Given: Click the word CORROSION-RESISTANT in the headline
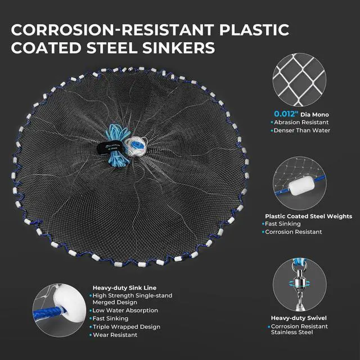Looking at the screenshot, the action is pos(112,30).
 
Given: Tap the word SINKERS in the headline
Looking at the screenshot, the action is pos(178,48).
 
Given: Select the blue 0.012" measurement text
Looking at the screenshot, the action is pos(286,114).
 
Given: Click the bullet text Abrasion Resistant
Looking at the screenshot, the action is pos(301,123).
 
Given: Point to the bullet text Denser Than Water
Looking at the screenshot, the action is pos(302,130).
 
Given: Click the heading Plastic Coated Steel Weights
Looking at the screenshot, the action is pos(309,216).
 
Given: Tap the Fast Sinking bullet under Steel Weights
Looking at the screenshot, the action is pos(282,224).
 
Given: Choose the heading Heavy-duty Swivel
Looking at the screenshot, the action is pos(299,318).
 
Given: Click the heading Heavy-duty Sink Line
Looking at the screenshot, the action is pos(124,288).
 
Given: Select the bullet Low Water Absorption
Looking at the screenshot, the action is pos(125,310).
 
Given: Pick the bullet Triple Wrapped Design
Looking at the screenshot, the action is pos(127,327).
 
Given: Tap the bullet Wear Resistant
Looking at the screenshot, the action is pos(115,335).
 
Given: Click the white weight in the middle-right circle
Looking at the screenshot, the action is pos(301,186).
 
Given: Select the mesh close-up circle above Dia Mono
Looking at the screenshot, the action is pos(299,80).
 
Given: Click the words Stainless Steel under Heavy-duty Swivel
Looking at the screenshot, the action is pos(292,332).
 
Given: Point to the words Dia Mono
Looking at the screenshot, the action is pos(314,115).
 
